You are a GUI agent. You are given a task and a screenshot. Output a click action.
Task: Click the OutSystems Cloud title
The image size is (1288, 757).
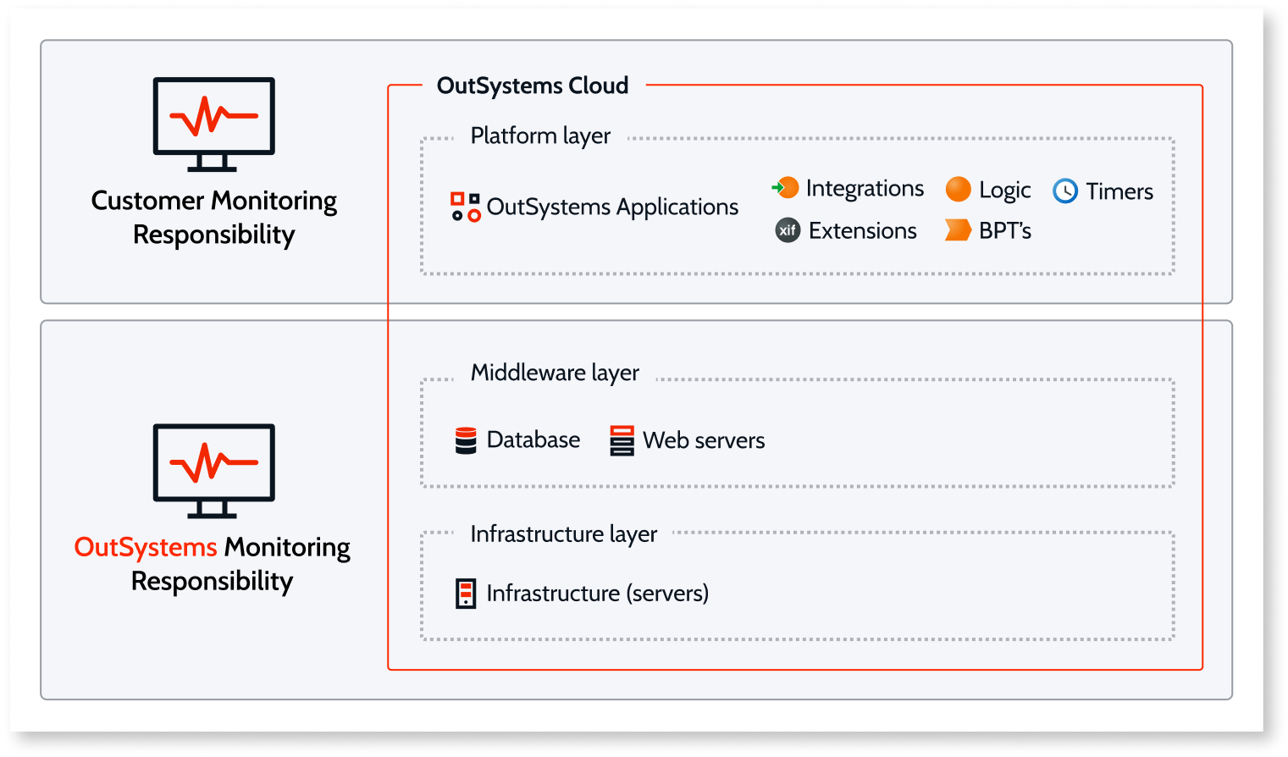[532, 86]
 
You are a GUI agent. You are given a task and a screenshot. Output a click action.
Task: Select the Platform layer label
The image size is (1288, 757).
[540, 135]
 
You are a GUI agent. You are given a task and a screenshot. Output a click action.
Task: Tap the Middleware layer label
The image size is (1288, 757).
[555, 373]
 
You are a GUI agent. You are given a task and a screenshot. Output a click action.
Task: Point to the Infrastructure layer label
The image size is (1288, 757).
[563, 534]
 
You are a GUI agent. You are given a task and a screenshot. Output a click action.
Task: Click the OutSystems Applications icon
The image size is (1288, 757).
[465, 207]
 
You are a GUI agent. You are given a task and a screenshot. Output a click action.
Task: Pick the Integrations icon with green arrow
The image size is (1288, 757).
[786, 188]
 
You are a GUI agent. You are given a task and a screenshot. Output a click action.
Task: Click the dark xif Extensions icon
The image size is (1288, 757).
[788, 230]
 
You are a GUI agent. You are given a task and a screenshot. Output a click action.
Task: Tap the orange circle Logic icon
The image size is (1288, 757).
[958, 190]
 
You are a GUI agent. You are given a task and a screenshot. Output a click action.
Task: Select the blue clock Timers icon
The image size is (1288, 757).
[1065, 191]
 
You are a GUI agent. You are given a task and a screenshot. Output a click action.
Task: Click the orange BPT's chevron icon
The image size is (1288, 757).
[958, 230]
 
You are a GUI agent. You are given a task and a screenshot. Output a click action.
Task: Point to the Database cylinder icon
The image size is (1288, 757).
[466, 440]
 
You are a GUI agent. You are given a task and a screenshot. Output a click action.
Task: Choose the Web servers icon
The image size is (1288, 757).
[622, 440]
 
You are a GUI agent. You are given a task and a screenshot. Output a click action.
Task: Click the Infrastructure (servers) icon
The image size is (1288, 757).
[466, 594]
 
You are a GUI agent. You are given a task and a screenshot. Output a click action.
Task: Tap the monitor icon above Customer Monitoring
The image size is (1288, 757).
[213, 124]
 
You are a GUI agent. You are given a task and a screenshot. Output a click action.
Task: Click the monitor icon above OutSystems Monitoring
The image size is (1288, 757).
[213, 470]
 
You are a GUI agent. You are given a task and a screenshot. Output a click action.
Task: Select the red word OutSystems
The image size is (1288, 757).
[146, 548]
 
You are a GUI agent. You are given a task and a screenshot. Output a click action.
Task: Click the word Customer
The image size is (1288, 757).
[147, 201]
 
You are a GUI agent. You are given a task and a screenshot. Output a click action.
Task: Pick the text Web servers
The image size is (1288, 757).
[703, 440]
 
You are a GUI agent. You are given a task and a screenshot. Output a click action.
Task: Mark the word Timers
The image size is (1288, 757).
[1119, 191]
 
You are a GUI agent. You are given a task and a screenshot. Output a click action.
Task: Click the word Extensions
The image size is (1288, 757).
[862, 230]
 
